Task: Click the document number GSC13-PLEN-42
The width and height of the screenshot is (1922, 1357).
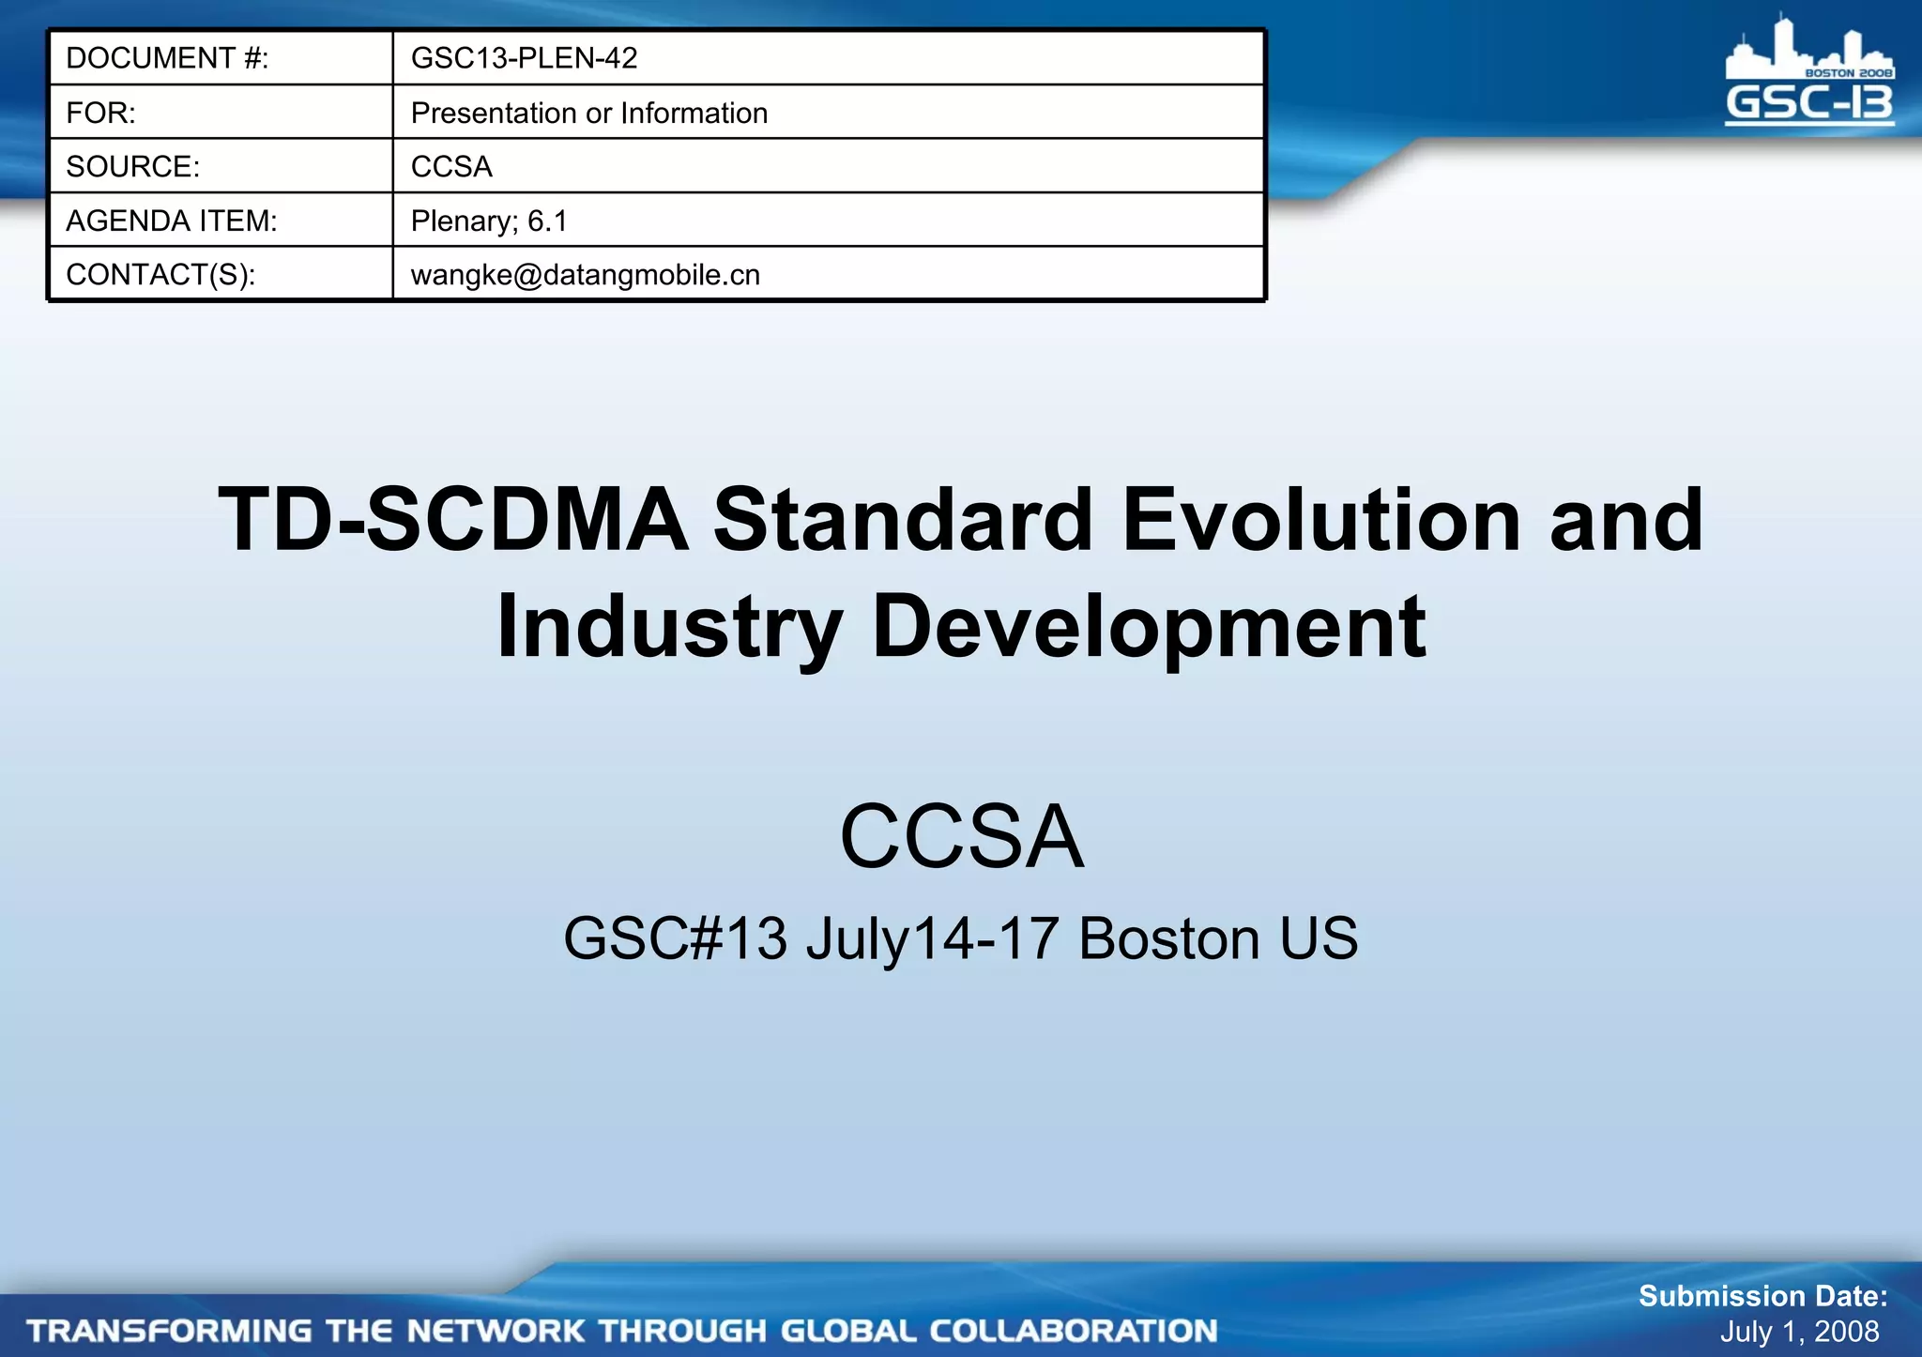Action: (x=524, y=58)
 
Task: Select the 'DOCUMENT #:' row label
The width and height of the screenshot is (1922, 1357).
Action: (x=167, y=58)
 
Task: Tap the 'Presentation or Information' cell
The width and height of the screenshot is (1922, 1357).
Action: (x=588, y=113)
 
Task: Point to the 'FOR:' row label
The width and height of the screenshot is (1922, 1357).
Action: (x=100, y=113)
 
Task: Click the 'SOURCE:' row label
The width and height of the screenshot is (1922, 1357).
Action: (x=132, y=167)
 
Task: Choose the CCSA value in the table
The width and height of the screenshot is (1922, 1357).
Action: (x=451, y=167)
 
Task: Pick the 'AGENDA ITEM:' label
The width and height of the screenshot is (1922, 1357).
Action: (x=171, y=221)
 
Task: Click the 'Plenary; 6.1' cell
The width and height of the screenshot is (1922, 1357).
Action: (x=489, y=221)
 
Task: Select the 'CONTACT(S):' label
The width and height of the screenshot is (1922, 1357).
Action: (x=160, y=275)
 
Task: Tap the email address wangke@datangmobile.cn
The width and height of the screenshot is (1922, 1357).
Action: (x=585, y=275)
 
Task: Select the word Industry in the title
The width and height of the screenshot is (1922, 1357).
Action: (x=668, y=627)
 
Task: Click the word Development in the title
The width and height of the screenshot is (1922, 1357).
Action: (x=1149, y=627)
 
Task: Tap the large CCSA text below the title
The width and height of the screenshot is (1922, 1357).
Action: (x=961, y=836)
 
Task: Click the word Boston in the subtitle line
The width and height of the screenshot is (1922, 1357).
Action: (x=1168, y=938)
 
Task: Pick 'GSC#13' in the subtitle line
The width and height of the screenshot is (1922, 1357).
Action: (x=675, y=938)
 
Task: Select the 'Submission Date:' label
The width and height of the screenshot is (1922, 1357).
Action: (x=1762, y=1296)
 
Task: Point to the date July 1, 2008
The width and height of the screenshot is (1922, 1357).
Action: (x=1799, y=1332)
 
